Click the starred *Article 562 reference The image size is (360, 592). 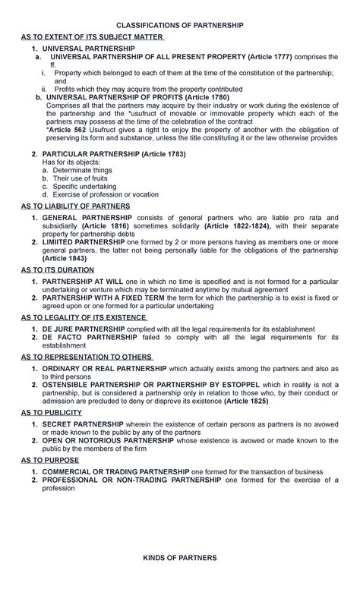(x=68, y=128)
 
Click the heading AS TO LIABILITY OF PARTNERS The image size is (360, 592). (x=75, y=206)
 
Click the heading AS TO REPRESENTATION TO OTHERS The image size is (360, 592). (x=87, y=357)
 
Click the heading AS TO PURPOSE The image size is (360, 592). (x=49, y=460)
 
